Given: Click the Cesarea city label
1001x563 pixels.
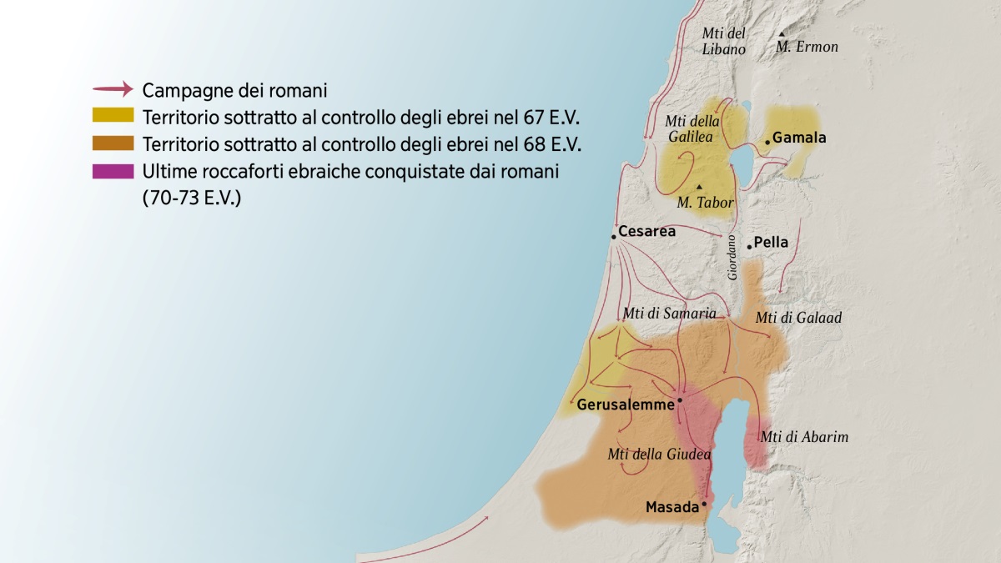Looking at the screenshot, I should coord(646,232).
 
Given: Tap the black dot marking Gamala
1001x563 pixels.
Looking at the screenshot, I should coord(767,143).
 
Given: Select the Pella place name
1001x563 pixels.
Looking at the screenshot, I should coord(771,244).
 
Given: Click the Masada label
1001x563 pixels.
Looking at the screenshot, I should coord(672,507).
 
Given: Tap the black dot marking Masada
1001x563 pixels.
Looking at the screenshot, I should coord(704,505).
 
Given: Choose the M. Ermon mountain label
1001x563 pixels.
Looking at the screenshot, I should coord(807,48).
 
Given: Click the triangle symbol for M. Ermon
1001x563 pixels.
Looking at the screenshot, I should coord(782,34).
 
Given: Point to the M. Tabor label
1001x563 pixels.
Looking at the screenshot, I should coord(705,203).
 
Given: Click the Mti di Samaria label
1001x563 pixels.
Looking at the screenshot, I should coord(669,314).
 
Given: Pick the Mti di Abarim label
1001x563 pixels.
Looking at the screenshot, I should coord(804,437).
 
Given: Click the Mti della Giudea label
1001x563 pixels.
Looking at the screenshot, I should coord(659,455).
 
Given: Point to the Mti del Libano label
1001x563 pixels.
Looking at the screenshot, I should coord(723,42).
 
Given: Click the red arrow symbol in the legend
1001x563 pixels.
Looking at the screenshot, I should coord(113,88).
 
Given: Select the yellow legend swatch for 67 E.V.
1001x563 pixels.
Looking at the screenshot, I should coord(113,116).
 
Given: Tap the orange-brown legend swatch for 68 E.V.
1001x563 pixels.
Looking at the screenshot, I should coord(113,143).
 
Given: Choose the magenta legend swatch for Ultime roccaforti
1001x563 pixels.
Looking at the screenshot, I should coord(113,172).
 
